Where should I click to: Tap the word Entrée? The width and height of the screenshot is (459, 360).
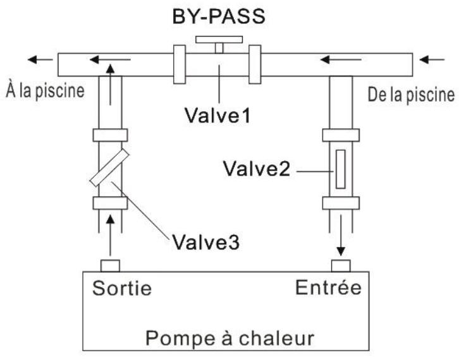point(329,288)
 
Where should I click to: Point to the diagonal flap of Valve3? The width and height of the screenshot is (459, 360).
point(110,168)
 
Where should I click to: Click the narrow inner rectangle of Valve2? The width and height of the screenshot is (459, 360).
point(341,169)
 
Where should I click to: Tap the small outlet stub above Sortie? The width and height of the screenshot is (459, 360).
point(110,264)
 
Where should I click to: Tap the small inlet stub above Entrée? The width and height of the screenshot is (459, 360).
point(341,264)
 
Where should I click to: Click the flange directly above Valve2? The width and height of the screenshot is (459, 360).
point(341,135)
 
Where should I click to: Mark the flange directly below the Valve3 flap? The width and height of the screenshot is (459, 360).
point(110,203)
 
